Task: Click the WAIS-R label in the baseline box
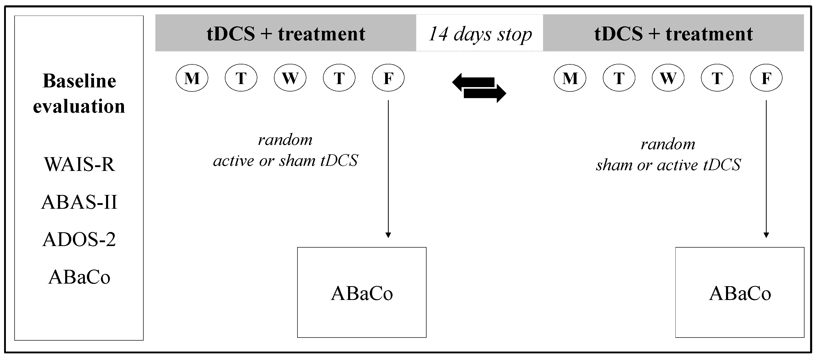coord(79,164)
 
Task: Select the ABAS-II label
coord(79,202)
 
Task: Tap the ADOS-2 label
coord(79,239)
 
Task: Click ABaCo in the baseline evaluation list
coord(79,277)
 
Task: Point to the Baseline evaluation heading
coord(79,93)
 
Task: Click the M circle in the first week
coord(192,78)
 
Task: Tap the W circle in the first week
coord(290,78)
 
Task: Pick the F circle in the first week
coord(388,78)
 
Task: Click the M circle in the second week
coord(570,78)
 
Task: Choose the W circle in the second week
coord(668,78)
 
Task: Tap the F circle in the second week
coord(766,78)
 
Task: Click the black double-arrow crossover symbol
coord(479,88)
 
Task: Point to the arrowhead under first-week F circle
coord(388,235)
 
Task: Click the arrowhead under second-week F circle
coord(766,235)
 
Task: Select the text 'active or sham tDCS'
coord(285,160)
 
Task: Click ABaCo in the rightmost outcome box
coord(740,293)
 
